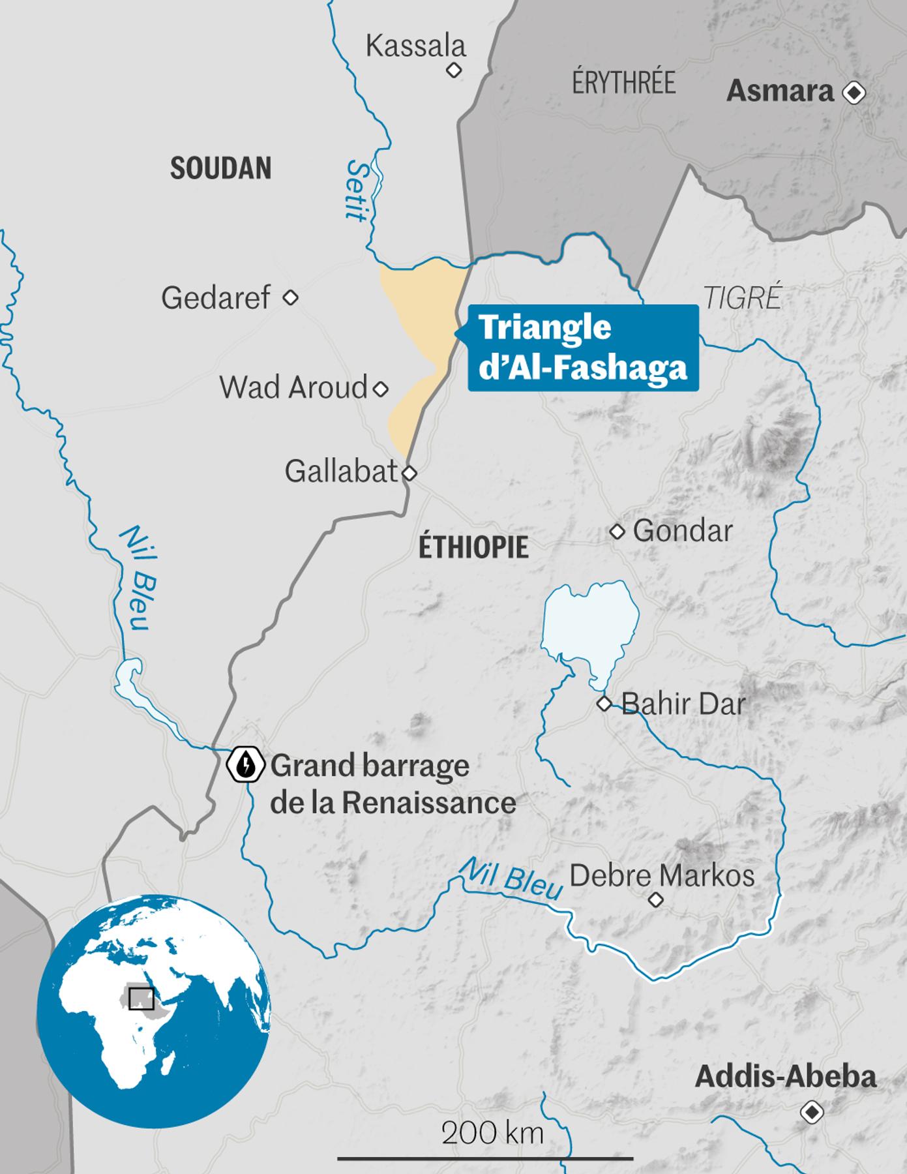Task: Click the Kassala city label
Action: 415,46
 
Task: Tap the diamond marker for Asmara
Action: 854,93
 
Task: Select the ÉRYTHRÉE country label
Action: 623,83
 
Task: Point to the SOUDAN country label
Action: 220,168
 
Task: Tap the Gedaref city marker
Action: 290,298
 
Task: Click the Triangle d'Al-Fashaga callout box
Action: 583,348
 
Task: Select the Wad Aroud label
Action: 293,387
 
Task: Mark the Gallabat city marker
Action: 409,473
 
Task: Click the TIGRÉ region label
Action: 743,298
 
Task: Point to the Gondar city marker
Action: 617,532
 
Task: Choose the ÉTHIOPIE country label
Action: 473,547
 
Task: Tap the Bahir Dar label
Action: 683,704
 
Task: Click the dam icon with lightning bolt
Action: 245,764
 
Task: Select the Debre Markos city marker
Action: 655,900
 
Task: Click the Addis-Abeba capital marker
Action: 812,1112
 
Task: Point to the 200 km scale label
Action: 492,1134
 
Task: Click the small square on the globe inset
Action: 141,999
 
